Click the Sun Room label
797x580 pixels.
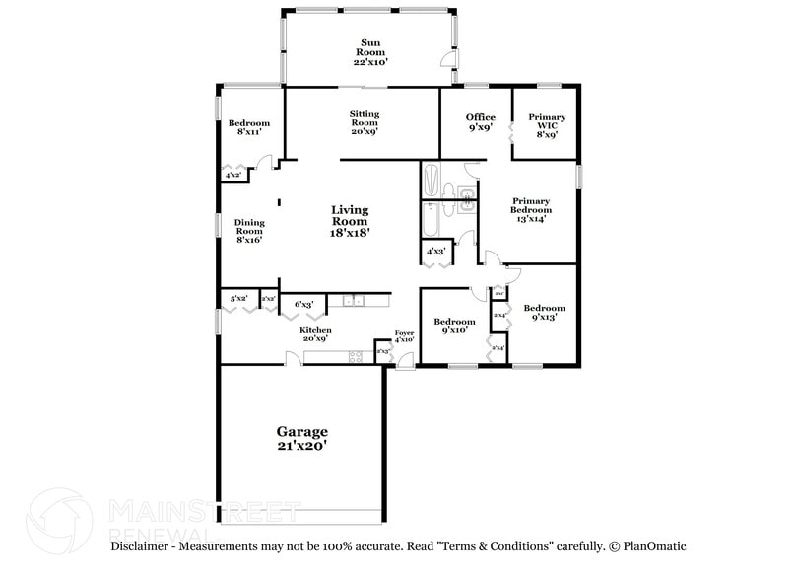pyautogui.click(x=370, y=52)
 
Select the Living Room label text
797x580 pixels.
pyautogui.click(x=350, y=221)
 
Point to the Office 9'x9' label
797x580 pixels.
pyautogui.click(x=480, y=122)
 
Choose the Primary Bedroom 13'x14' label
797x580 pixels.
pyautogui.click(x=531, y=209)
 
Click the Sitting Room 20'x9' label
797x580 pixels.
pyautogui.click(x=364, y=122)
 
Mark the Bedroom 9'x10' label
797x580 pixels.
pyautogui.click(x=455, y=326)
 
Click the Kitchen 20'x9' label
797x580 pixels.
pyautogui.click(x=315, y=335)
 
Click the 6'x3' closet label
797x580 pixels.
pyautogui.click(x=303, y=305)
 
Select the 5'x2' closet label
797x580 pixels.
pyautogui.click(x=238, y=298)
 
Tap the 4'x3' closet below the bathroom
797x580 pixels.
pyautogui.click(x=435, y=252)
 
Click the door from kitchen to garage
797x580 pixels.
pyautogui.click(x=293, y=360)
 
